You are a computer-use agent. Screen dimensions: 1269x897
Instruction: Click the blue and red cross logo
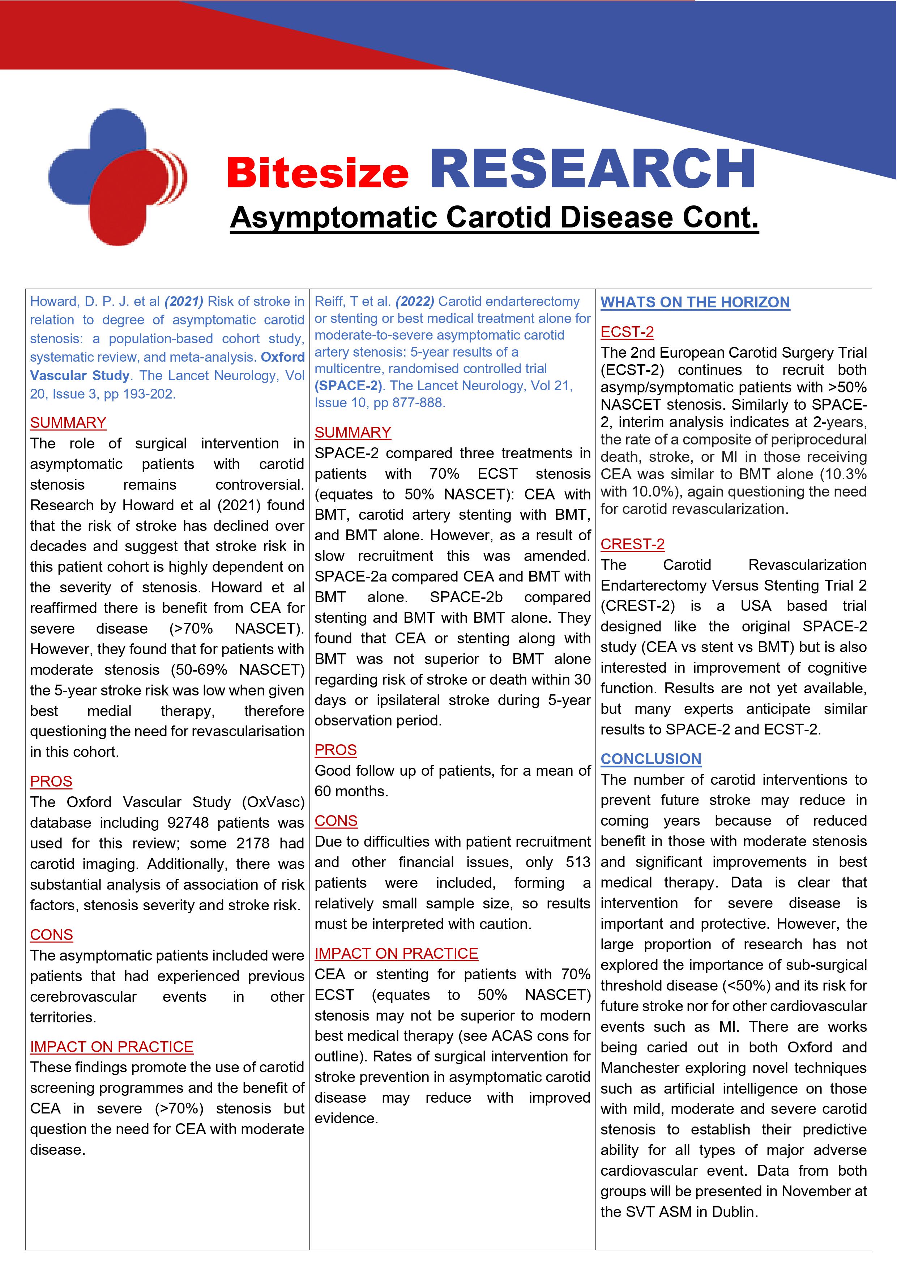117,177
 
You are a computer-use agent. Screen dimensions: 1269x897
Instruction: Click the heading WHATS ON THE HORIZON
695,302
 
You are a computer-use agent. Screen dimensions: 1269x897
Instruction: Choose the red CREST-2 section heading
632,544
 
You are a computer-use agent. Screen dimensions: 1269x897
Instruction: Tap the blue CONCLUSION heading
650,759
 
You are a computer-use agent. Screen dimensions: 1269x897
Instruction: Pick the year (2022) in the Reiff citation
414,301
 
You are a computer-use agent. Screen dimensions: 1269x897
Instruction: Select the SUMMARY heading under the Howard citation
68,422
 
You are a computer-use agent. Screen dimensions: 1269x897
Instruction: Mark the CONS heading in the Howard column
51,934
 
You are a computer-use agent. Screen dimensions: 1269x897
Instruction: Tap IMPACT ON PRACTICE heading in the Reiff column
396,953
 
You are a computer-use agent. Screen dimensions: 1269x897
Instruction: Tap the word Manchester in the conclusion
641,1068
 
